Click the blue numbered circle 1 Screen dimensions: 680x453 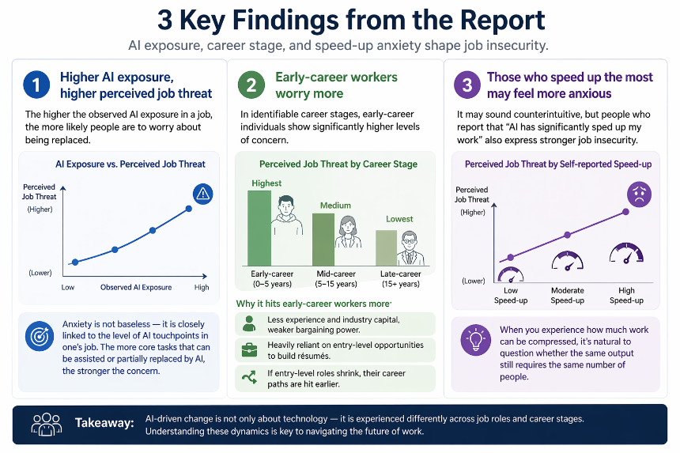36,85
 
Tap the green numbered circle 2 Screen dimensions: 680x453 251,85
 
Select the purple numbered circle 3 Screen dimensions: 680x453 467,85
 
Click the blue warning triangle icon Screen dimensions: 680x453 202,194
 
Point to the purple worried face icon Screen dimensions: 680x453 639,194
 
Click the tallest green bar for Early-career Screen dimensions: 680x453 259,228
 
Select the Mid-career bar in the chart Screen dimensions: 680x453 323,240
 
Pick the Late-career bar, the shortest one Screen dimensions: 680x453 386,247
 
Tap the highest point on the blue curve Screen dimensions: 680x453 189,209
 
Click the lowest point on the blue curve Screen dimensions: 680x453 75,262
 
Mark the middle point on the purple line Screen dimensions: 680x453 567,235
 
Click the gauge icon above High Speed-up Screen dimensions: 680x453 626,254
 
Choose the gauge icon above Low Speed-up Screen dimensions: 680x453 511,275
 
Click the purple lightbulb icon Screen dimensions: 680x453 475,340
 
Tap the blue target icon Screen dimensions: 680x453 40,336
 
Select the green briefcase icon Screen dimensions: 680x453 249,349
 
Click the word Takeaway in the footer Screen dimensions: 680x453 104,423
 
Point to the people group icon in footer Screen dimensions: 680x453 47,424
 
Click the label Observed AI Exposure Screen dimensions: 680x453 136,287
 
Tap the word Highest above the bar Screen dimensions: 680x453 266,183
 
